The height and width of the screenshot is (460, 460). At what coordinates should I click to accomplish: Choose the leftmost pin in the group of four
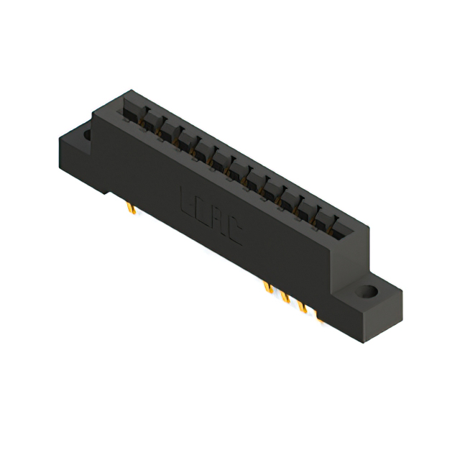[267, 289]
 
